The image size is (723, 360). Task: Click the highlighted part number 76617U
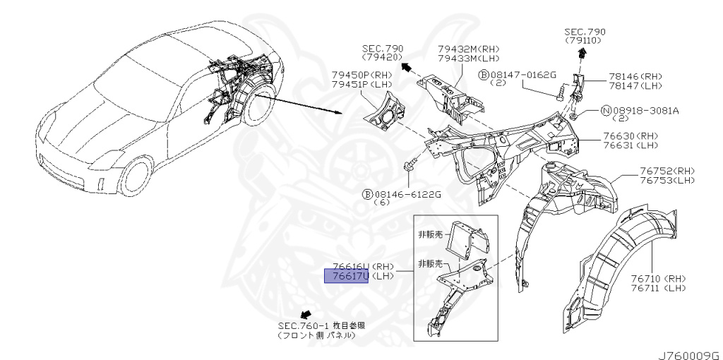[346, 276]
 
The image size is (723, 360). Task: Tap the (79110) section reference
[585, 41]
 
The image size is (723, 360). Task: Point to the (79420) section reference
[382, 56]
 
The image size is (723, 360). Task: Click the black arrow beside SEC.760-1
[306, 313]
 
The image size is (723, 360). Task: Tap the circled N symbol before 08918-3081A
[605, 110]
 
